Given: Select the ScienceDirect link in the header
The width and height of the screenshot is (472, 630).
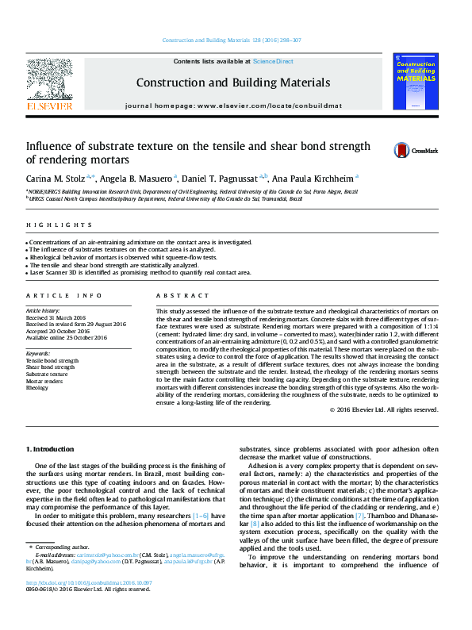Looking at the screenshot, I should pos(273,61).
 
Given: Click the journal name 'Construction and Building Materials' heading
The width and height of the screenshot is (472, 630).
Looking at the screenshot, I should pos(232,83).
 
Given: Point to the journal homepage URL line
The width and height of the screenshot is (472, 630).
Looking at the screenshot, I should pos(232,106).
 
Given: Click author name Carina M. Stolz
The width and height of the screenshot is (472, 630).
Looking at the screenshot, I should pos(58,179).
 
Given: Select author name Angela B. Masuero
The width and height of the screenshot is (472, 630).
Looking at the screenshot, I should pos(140,179).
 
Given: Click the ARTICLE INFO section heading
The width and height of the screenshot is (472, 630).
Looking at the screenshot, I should pos(64,295).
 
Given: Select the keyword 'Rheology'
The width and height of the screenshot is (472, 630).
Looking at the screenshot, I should pos(37,388).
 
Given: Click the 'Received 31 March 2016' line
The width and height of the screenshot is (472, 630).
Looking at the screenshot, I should pos(59,317).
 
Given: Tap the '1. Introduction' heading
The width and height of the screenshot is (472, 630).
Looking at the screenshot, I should pos(51,450).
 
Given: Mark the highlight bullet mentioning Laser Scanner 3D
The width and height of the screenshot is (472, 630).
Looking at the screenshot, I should pos(139,272).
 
